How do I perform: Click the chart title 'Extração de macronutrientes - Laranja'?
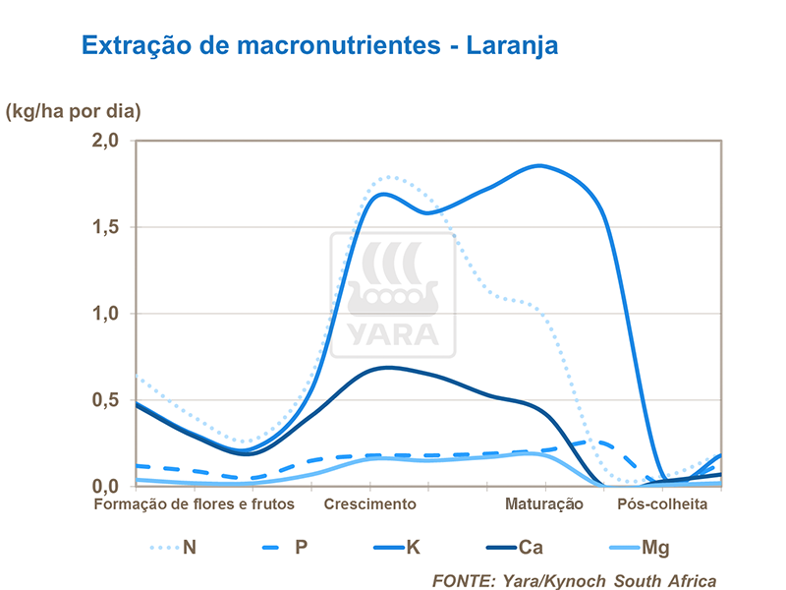pyautogui.click(x=320, y=46)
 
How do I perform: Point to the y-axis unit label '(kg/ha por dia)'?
pyautogui.click(x=74, y=110)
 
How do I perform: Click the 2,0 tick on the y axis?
pyautogui.click(x=105, y=141)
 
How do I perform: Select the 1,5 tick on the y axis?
pyautogui.click(x=105, y=227)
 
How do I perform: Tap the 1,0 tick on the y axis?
pyautogui.click(x=105, y=314)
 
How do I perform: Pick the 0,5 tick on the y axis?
pyautogui.click(x=105, y=400)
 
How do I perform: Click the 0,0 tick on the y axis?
pyautogui.click(x=105, y=486)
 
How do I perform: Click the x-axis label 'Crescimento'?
pyautogui.click(x=369, y=504)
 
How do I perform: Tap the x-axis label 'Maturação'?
pyautogui.click(x=544, y=504)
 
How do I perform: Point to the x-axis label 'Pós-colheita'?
pyautogui.click(x=661, y=504)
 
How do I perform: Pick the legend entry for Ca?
pyautogui.click(x=511, y=547)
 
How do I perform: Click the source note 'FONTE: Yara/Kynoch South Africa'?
pyautogui.click(x=574, y=580)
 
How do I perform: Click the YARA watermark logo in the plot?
pyautogui.click(x=392, y=295)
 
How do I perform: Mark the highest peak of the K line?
pyautogui.click(x=541, y=165)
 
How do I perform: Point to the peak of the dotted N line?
pyautogui.click(x=389, y=177)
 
